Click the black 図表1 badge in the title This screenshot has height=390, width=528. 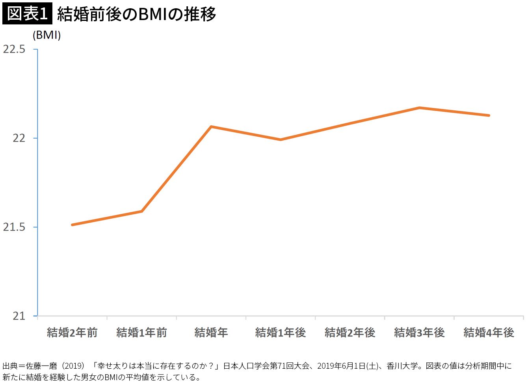(27, 13)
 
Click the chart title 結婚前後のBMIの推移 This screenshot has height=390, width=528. (136, 14)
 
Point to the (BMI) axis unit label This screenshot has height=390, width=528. (46, 35)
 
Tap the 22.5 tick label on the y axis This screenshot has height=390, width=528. (14, 49)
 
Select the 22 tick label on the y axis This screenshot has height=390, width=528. (19, 138)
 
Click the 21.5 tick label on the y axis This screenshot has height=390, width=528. (14, 227)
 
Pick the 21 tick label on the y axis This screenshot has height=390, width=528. (19, 316)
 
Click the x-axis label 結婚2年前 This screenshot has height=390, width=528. (72, 332)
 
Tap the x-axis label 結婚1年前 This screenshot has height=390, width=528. (141, 332)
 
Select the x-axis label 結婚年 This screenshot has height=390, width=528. (211, 332)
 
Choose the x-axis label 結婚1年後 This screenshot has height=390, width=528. (281, 332)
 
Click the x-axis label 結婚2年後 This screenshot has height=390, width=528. (350, 332)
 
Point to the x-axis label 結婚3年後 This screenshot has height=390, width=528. (420, 332)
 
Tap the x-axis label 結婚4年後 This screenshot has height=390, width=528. (489, 332)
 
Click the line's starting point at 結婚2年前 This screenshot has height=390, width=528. (73, 225)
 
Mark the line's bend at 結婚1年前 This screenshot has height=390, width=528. (141, 211)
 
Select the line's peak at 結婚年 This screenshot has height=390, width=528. (211, 126)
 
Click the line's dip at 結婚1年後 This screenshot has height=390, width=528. (281, 140)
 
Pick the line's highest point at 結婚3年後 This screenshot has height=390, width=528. (420, 108)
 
